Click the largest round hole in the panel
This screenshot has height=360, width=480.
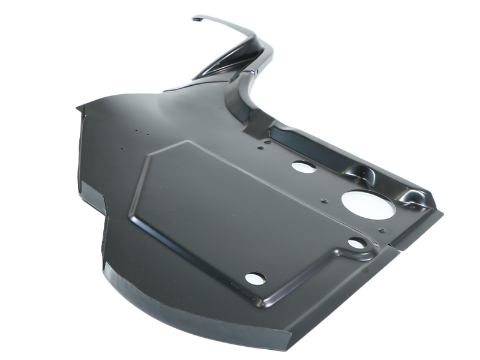coord(368,205)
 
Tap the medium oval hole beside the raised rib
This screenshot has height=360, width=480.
coord(304,167)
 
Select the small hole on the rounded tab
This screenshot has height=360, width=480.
coord(356,243)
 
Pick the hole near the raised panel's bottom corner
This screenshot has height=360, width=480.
coord(255,278)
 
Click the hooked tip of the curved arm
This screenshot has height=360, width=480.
coord(196,19)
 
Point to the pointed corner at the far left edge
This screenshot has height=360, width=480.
coord(79,109)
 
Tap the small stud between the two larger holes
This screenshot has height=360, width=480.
coord(324,200)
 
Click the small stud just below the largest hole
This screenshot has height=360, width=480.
coord(382,230)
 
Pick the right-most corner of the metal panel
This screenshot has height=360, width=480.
coord(443,212)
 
